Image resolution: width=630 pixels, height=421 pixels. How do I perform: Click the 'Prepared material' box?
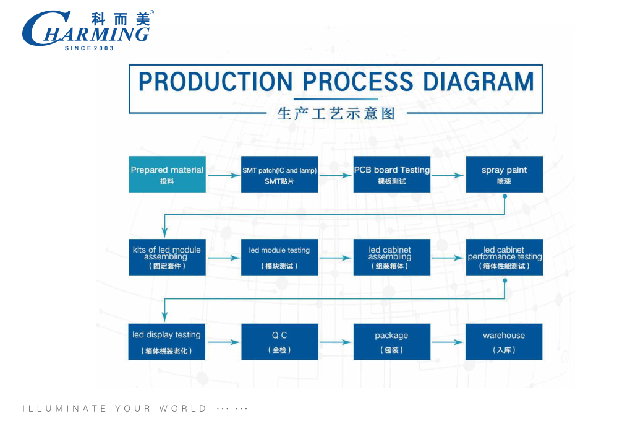[x=167, y=174]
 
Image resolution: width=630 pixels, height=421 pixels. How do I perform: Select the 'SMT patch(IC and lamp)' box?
[x=279, y=174]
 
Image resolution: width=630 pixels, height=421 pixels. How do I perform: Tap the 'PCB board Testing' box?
[x=391, y=174]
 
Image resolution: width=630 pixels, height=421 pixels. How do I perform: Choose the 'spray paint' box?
[x=504, y=174]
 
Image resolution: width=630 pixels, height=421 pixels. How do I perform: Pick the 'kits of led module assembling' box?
[x=167, y=257]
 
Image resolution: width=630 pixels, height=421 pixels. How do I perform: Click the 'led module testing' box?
[x=279, y=257]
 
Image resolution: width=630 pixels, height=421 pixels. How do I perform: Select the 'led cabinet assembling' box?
[x=391, y=257]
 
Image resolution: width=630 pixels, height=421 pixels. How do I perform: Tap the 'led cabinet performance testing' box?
[x=504, y=257]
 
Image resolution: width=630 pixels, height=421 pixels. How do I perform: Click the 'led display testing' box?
[x=167, y=341]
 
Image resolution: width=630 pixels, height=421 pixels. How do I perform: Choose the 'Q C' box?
[x=279, y=341]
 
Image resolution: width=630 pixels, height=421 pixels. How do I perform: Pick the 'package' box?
[x=391, y=341]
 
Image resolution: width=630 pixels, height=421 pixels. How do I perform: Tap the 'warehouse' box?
[x=504, y=341]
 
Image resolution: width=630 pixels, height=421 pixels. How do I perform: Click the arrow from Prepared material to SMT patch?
[x=223, y=175]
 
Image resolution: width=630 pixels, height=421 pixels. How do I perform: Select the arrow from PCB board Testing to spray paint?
[x=448, y=175]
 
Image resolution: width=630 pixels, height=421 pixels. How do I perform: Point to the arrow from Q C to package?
[x=336, y=342]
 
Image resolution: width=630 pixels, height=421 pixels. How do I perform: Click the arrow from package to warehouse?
[x=448, y=342]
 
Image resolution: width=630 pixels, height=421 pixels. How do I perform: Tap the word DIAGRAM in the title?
[x=479, y=82]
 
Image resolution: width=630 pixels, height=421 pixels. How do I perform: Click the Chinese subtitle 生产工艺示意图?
[x=336, y=114]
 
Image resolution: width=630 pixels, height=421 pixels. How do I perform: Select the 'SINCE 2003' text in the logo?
[x=89, y=48]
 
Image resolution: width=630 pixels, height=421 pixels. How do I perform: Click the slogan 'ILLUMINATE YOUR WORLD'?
[x=115, y=409]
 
